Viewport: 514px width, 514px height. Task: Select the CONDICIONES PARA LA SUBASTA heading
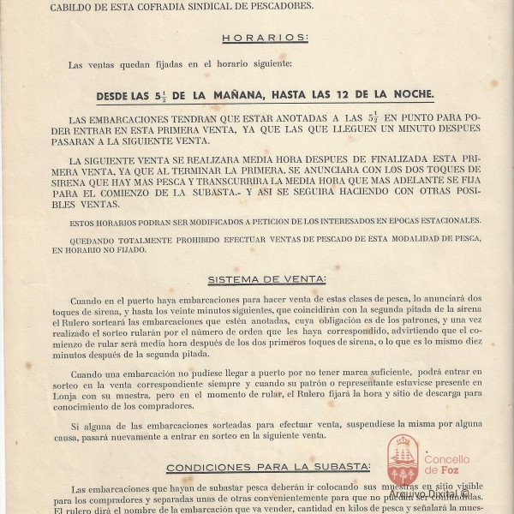pos(268,467)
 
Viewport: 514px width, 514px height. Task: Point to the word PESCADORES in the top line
pos(283,7)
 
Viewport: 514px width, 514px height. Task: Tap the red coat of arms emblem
pos(402,459)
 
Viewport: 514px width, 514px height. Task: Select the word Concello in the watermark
pos(447,458)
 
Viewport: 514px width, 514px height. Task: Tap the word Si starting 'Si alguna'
pos(75,424)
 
